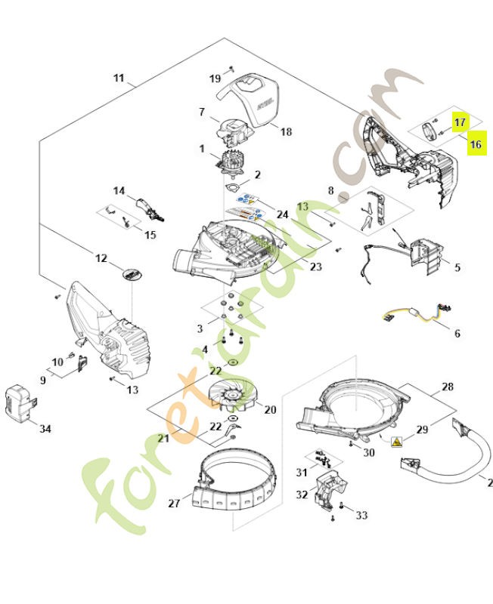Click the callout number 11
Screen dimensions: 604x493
coord(119,78)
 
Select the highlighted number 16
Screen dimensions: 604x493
coord(476,143)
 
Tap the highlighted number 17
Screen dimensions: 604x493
coord(460,121)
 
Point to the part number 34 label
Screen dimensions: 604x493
coord(45,429)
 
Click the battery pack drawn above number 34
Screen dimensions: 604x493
coord(18,402)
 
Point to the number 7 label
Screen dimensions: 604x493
coord(202,112)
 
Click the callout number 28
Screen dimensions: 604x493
coord(448,387)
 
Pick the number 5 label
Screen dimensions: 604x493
coord(457,267)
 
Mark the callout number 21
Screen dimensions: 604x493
coord(163,439)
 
